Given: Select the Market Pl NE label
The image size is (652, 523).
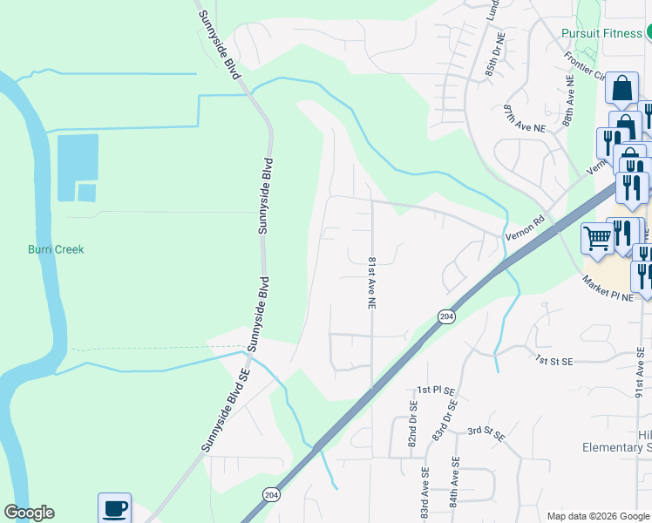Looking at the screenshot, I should click(x=609, y=290).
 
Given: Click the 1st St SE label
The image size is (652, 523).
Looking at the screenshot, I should click(x=553, y=359).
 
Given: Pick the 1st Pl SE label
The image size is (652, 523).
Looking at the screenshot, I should click(x=437, y=390).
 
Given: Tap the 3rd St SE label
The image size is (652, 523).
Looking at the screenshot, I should click(x=486, y=431).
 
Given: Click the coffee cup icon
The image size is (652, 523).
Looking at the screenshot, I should click(x=114, y=507).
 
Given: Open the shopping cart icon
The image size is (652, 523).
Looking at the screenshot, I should click(x=597, y=237).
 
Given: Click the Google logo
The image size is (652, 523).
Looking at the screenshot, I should click(x=29, y=513).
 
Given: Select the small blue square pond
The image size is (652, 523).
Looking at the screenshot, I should click(x=86, y=193).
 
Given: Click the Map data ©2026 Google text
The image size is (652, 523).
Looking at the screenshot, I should click(x=596, y=516).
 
